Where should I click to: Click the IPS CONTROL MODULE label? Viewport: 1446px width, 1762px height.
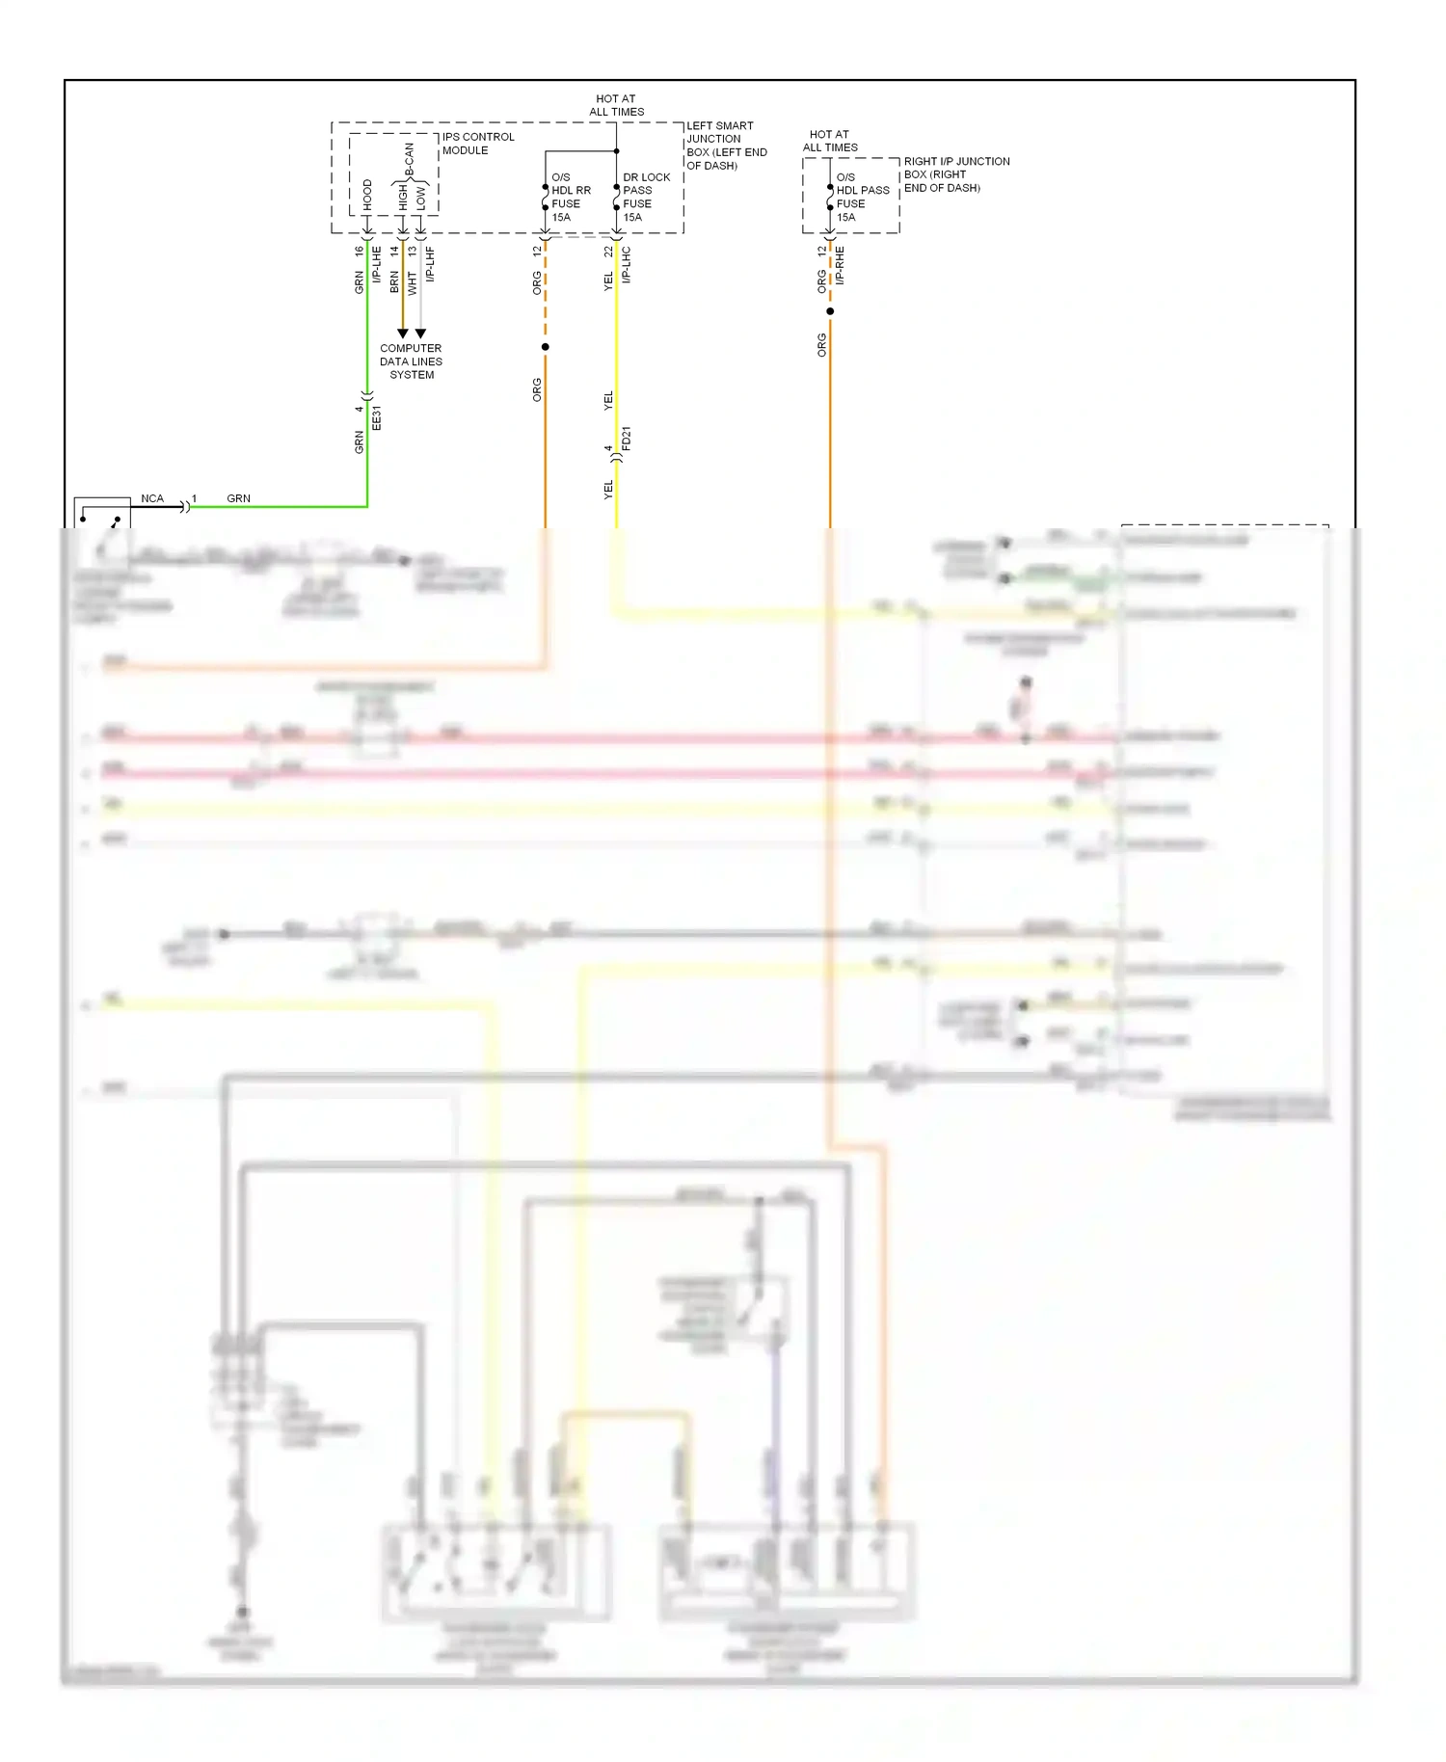[x=477, y=144]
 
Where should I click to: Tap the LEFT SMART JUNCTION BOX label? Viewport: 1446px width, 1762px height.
[x=726, y=146]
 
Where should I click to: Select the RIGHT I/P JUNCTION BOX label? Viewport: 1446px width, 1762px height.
[x=955, y=174]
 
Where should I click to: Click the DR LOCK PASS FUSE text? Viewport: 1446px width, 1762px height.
[x=645, y=197]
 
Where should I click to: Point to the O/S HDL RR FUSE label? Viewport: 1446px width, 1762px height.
[x=570, y=197]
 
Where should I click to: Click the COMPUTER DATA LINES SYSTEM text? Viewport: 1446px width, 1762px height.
[x=411, y=361]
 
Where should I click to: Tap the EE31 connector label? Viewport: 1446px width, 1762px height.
[x=377, y=417]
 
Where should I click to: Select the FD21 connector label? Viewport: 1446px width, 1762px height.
[x=626, y=439]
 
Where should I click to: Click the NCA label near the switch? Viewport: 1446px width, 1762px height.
[x=152, y=498]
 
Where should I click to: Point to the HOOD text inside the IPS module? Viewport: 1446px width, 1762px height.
[x=367, y=195]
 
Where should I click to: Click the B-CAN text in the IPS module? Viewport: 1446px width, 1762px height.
[x=409, y=160]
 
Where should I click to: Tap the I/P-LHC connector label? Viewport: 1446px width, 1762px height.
[x=626, y=264]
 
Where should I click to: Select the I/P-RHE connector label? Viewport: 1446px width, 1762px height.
[x=840, y=264]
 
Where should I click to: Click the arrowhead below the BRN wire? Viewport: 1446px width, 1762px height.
[x=403, y=334]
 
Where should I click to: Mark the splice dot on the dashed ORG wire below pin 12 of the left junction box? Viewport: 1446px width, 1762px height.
[x=546, y=347]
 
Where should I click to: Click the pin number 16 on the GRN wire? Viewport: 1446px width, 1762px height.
[x=359, y=251]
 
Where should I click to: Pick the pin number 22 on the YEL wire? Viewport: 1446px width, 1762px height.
[x=608, y=251]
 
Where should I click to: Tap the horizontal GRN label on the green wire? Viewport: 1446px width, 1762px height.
[x=238, y=498]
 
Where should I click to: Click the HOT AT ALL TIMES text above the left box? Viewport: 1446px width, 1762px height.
[x=616, y=105]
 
